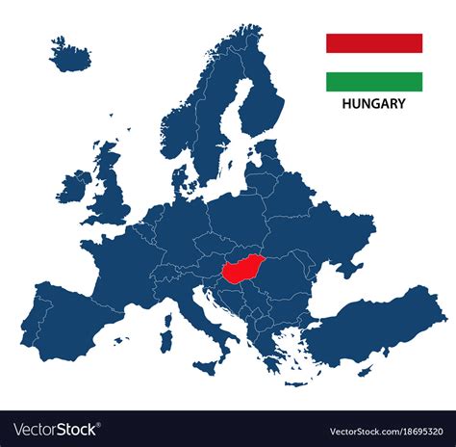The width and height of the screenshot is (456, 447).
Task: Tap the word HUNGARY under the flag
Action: (374, 104)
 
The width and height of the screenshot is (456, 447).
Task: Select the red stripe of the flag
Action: (374, 43)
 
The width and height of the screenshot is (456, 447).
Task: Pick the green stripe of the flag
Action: (374, 82)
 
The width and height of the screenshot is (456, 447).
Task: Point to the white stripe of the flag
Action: (374, 63)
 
